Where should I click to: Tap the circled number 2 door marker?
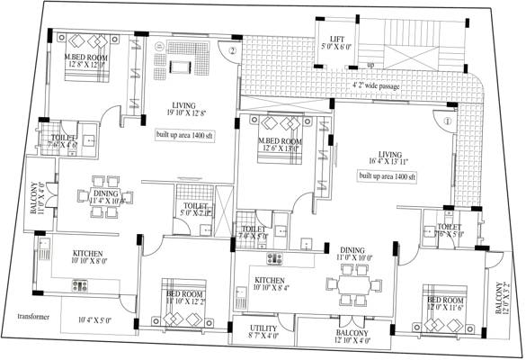coord(231,51)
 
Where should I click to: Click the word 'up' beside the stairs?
coord(370,66)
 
